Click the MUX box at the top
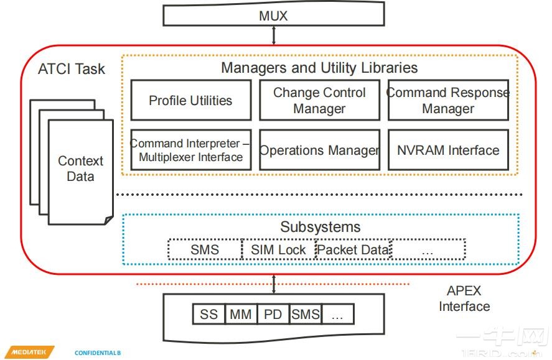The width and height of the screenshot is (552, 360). point(274,14)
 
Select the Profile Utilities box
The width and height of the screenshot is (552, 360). point(191,100)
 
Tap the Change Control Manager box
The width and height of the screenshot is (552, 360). point(320,100)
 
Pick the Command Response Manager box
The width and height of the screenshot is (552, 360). point(448,100)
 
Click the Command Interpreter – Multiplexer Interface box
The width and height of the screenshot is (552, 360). point(191,150)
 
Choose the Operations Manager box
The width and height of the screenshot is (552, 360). point(320,150)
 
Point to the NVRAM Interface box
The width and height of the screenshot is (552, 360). point(448,150)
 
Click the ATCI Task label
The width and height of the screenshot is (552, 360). point(72,69)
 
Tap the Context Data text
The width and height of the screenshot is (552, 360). point(81,168)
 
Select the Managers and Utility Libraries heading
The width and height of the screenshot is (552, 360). point(319,68)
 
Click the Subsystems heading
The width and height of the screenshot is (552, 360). point(320,227)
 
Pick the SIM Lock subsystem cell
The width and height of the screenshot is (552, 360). point(278,249)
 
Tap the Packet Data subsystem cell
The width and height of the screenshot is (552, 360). point(353,249)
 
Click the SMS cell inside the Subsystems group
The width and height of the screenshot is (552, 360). point(205,249)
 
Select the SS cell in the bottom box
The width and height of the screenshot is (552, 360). point(208,314)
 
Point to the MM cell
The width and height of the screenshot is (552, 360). point(241,314)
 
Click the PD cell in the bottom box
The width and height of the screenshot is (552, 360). point(273,314)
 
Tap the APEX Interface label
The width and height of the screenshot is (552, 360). point(464,298)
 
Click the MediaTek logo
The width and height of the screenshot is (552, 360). point(30,352)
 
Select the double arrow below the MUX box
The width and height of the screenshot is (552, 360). point(274,35)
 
